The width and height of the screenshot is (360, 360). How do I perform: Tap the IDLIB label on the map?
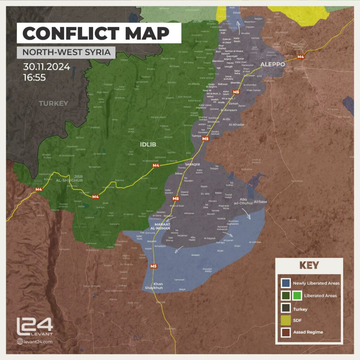tap(148, 144)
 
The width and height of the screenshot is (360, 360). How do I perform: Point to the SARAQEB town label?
tap(192, 164)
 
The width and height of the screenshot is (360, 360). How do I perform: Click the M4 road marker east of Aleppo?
tap(301, 57)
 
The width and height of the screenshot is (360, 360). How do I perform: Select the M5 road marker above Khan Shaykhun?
tap(153, 266)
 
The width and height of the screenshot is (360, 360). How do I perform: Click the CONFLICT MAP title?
tap(96, 34)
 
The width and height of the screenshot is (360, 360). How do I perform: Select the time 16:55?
tap(34, 77)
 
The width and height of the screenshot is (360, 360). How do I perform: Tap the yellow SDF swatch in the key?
tap(285, 320)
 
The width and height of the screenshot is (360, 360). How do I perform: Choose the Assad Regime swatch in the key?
tap(285, 332)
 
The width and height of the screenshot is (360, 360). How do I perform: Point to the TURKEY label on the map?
tap(53, 103)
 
